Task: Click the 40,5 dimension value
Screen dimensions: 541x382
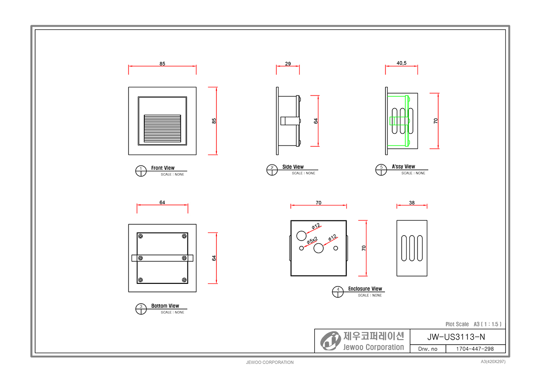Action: pos(401,63)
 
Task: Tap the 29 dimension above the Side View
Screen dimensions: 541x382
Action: pos(288,64)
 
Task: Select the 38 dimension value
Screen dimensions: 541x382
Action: pos(412,203)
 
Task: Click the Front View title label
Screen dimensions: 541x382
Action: pos(163,168)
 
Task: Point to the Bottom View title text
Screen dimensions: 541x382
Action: pos(165,306)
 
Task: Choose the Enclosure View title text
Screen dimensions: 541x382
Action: pos(365,289)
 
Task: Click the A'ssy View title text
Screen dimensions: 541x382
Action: pos(403,167)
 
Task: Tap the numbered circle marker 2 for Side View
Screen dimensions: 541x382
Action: pos(272,170)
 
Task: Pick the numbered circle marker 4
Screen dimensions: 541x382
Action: pos(338,292)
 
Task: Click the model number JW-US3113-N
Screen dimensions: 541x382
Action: pos(456,337)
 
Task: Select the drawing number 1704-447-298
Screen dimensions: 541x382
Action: pos(475,349)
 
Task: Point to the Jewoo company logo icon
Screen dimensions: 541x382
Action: pos(330,341)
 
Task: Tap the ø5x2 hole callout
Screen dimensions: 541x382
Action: pos(312,241)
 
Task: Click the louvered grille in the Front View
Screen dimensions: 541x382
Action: pos(162,128)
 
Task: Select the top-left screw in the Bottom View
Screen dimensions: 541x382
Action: pos(140,236)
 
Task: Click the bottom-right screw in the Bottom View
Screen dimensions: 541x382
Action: pos(184,280)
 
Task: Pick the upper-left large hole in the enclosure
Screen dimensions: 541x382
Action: pos(302,236)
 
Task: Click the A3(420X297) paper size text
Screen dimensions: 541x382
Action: pos(493,361)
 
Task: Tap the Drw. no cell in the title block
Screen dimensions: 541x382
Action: pos(428,349)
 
